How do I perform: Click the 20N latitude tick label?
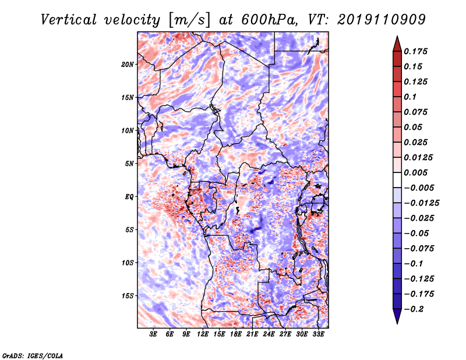[x=128, y=64]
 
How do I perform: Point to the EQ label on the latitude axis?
[x=129, y=197]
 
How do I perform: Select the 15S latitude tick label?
[x=128, y=296]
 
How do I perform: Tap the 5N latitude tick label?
[x=129, y=164]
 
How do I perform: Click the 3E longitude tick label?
[x=153, y=335]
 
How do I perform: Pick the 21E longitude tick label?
[x=252, y=335]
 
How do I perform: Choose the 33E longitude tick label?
[x=318, y=335]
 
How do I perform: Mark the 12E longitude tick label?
[x=203, y=335]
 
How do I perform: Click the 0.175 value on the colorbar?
[x=417, y=51]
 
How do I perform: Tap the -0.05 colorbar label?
[x=417, y=233]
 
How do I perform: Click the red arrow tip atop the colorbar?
[x=397, y=41]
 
